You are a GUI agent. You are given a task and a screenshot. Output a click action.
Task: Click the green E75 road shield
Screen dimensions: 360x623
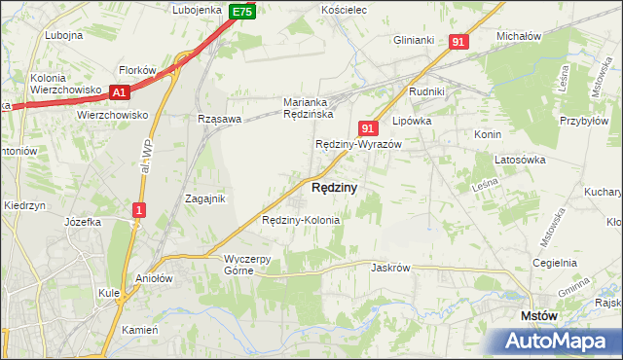243,12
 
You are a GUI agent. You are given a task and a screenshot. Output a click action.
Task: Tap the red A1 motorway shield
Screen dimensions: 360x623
120,92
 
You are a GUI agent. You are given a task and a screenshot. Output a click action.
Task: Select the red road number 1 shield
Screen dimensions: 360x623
140,210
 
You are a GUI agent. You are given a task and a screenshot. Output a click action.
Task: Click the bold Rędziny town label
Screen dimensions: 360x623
334,187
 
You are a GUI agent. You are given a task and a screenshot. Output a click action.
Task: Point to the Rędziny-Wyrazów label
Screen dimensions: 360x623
358,144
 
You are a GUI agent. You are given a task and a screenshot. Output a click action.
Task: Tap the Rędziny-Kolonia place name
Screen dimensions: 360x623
301,220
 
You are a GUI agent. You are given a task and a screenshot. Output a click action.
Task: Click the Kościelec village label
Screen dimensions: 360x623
343,9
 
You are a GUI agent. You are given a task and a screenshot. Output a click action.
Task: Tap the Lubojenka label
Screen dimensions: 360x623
198,10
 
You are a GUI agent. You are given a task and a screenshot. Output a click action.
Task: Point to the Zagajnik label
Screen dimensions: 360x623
205,198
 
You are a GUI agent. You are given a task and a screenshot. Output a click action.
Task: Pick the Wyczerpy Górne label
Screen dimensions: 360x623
253,265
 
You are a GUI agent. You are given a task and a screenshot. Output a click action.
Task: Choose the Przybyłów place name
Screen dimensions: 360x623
584,135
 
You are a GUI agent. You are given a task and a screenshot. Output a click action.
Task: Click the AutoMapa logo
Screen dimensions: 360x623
556,342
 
